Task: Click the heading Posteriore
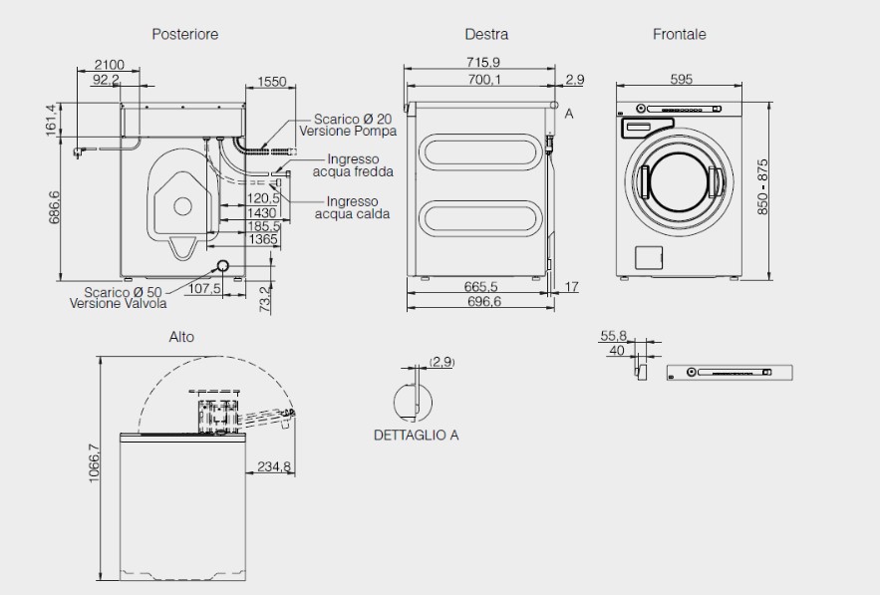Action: (x=184, y=34)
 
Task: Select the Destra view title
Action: (x=486, y=34)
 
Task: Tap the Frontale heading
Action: (x=679, y=34)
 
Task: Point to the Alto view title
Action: (x=181, y=337)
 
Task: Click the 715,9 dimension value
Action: (x=483, y=63)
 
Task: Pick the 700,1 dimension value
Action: (x=483, y=80)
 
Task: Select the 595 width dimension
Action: (x=682, y=80)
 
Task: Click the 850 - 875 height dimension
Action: (x=763, y=187)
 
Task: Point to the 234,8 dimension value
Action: (x=274, y=466)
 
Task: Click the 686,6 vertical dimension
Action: (x=55, y=207)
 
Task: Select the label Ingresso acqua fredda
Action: (x=353, y=165)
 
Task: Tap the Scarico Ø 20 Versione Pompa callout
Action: (x=354, y=125)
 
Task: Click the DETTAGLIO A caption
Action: (x=417, y=436)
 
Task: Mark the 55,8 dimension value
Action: (x=613, y=336)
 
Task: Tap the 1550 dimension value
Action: (x=271, y=82)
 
